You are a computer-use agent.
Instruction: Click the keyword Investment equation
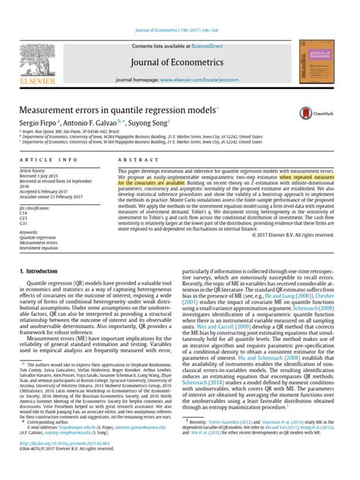(x=39, y=248)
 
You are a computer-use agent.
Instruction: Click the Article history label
(x=33, y=172)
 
